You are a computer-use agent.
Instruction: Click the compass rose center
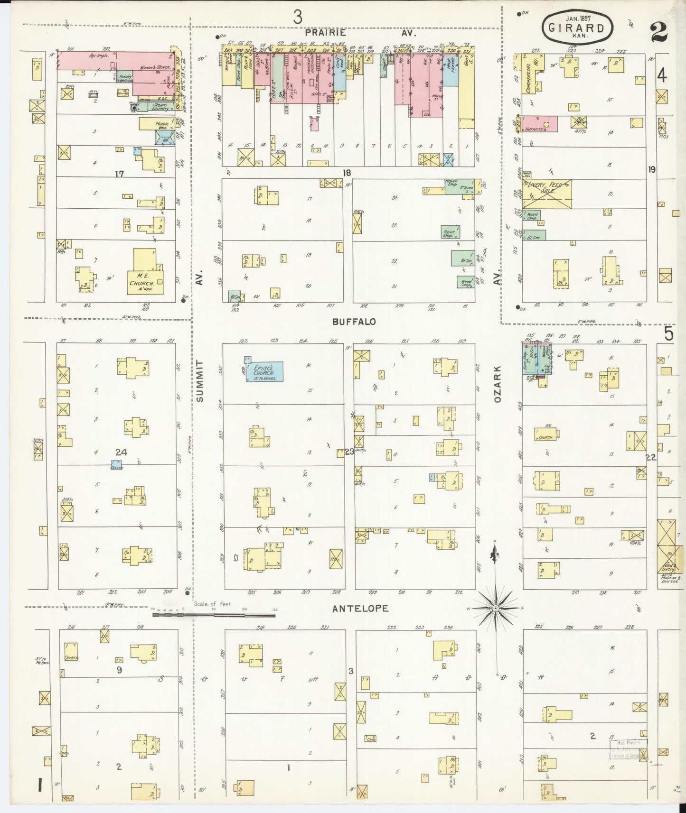click(x=495, y=608)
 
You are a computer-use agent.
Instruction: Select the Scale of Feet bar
click(x=214, y=615)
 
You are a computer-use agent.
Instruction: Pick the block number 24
click(x=121, y=453)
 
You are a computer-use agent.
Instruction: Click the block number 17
click(x=119, y=174)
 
